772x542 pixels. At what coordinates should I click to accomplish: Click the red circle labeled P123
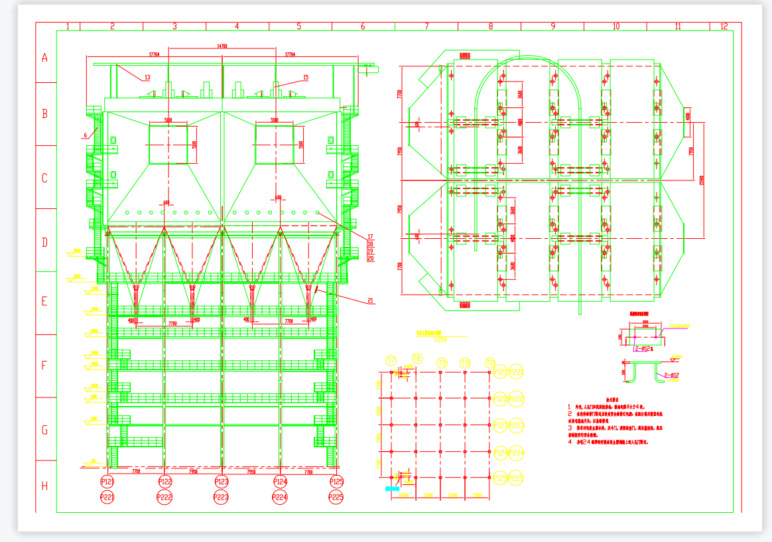pyautogui.click(x=222, y=482)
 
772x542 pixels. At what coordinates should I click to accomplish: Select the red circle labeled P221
pyautogui.click(x=107, y=497)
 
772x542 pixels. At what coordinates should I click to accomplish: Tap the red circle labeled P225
pyautogui.click(x=336, y=497)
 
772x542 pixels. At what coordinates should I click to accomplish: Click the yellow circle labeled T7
pyautogui.click(x=391, y=361)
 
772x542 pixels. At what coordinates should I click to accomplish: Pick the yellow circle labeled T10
pyautogui.click(x=466, y=363)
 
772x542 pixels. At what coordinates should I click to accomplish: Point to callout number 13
pyautogui.click(x=147, y=78)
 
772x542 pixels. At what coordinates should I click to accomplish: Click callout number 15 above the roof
pyautogui.click(x=305, y=78)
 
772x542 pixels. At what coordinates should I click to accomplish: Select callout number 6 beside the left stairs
pyautogui.click(x=85, y=135)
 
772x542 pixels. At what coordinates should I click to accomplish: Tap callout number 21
pyautogui.click(x=370, y=301)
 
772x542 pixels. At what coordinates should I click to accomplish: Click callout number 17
pyautogui.click(x=370, y=237)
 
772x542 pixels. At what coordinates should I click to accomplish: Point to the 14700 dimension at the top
pyautogui.click(x=223, y=46)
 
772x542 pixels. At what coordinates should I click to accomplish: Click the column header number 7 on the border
pyautogui.click(x=426, y=27)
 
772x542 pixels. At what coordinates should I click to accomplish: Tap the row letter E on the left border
pyautogui.click(x=45, y=302)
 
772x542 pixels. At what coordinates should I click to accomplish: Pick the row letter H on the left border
pyautogui.click(x=45, y=486)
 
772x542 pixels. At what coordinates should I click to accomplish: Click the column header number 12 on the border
pyautogui.click(x=724, y=27)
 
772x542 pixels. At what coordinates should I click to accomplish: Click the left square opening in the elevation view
pyautogui.click(x=168, y=145)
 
